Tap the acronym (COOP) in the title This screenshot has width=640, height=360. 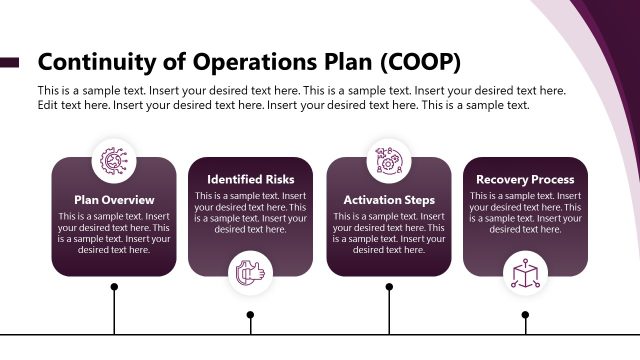(x=420, y=62)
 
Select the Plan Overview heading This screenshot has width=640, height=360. (x=114, y=199)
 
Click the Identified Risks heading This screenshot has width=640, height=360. (x=251, y=179)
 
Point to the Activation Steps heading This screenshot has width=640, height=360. (x=389, y=199)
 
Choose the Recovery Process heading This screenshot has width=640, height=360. (x=525, y=179)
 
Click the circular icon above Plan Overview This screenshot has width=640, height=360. (x=114, y=160)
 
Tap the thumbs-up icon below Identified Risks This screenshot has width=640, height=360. (x=251, y=272)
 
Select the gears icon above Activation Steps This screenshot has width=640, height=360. (x=389, y=160)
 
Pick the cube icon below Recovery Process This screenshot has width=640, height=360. (x=525, y=272)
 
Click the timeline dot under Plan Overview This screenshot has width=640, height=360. (x=114, y=287)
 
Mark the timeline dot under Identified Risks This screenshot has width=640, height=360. (x=250, y=315)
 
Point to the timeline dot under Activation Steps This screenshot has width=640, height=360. (x=389, y=287)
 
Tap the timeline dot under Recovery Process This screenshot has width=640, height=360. (x=525, y=315)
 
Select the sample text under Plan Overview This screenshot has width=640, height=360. (x=114, y=232)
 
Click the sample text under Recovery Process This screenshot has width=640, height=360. (x=525, y=212)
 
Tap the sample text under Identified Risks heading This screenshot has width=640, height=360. (x=251, y=212)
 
